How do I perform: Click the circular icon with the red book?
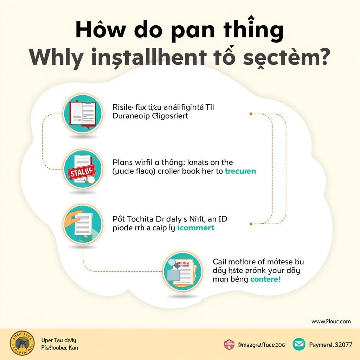[82, 114]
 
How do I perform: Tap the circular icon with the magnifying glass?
[182, 271]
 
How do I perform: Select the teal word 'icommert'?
[196, 227]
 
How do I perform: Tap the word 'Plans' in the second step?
[123, 162]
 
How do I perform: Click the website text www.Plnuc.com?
[331, 321]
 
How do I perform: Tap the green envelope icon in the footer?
[299, 345]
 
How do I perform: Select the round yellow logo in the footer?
[22, 343]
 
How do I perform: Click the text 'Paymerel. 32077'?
[330, 345]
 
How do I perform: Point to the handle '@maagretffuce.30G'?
[261, 345]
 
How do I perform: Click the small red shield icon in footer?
[229, 345]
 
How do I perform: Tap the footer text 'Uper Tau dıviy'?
[59, 340]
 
